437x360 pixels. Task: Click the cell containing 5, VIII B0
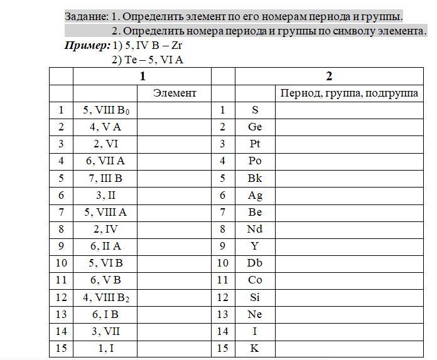105,110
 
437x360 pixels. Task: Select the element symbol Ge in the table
255,127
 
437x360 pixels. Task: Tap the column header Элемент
175,93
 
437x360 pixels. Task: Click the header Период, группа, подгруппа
349,93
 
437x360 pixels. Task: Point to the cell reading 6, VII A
105,161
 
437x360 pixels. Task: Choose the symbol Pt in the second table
255,144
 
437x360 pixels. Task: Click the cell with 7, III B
105,178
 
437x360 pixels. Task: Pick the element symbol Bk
255,178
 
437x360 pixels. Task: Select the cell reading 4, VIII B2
105,297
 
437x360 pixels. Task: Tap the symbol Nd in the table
255,229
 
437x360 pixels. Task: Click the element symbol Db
255,263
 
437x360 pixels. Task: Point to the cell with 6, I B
105,314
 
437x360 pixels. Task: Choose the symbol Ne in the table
255,314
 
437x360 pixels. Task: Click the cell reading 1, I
105,348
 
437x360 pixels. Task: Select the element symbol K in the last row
255,348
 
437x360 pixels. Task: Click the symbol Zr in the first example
176,46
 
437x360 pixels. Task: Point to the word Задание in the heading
86,16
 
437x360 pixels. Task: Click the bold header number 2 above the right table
329,77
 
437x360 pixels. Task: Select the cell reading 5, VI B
105,263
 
